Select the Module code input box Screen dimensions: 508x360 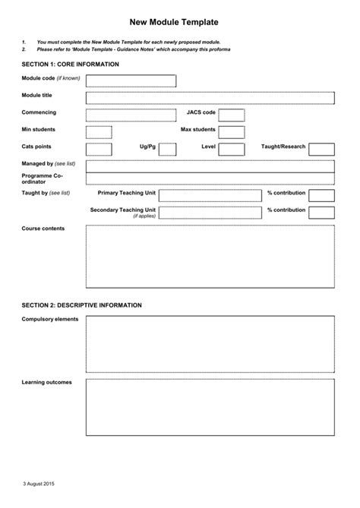coord(131,81)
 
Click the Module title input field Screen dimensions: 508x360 coord(210,98)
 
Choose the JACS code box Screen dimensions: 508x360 coord(232,115)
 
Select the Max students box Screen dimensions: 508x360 coord(232,132)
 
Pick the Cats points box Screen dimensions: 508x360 coord(99,150)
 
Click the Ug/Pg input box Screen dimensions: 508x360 coord(171,150)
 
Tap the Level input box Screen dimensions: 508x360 coord(232,150)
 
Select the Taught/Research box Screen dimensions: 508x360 coord(321,150)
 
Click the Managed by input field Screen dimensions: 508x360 coord(210,166)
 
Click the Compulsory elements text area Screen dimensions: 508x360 coord(210,343)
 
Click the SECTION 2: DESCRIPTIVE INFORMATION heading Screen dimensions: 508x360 coord(81,305)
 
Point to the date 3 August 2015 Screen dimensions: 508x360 coord(38,484)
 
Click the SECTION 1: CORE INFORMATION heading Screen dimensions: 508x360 coord(70,65)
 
